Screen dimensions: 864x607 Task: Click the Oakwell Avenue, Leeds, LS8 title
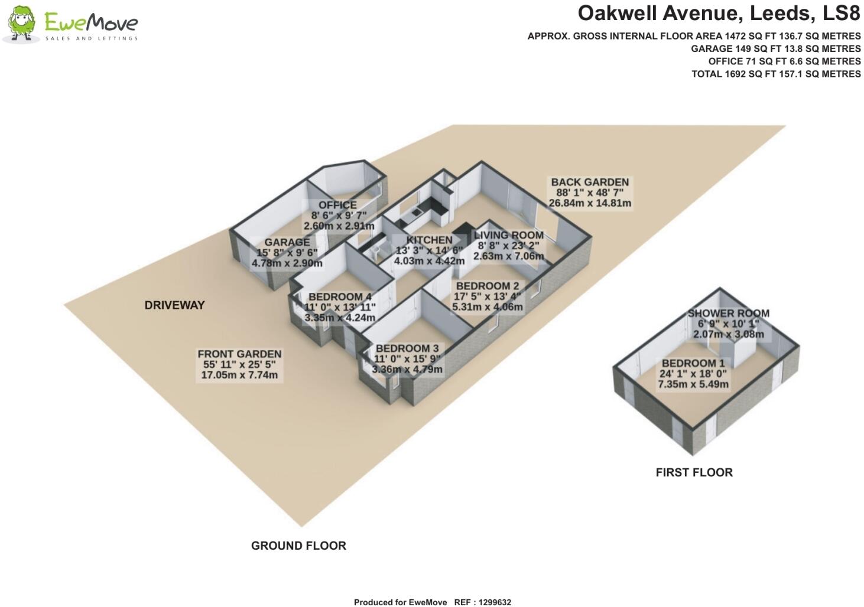(x=719, y=13)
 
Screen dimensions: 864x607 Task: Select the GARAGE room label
(x=287, y=242)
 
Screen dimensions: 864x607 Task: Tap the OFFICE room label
(x=337, y=205)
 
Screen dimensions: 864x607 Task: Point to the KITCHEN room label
(x=429, y=240)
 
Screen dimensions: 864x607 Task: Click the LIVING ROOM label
(x=508, y=235)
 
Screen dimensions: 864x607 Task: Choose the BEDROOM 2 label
(x=488, y=286)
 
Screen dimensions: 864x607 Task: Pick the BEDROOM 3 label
(x=407, y=348)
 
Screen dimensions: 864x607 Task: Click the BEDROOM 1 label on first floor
(x=693, y=364)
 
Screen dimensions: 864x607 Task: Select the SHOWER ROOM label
(x=728, y=314)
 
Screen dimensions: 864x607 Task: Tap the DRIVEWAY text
(x=174, y=305)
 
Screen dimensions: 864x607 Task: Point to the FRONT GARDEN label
(x=239, y=354)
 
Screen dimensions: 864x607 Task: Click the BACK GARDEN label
(x=590, y=182)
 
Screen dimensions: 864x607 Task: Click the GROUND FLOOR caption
(x=298, y=546)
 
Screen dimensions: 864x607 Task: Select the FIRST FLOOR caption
(x=694, y=472)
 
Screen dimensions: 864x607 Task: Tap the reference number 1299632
(x=492, y=602)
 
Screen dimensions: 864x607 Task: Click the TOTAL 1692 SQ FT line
(x=776, y=74)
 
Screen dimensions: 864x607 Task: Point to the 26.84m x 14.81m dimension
(x=590, y=204)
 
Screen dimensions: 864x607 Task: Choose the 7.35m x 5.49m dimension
(x=693, y=384)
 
